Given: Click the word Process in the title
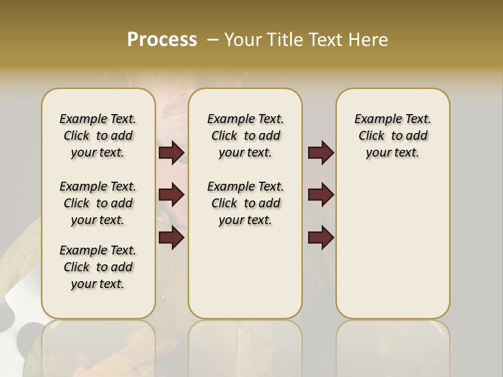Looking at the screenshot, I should coord(162,40).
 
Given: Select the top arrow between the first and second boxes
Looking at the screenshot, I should coord(171,152).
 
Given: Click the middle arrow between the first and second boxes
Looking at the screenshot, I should coord(171,195).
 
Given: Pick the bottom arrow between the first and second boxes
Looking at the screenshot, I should coord(171,238).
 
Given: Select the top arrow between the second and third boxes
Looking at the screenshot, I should coord(321,152).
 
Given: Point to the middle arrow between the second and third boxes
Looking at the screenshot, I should coord(321,195).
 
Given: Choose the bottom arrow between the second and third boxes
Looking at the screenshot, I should coord(321,238).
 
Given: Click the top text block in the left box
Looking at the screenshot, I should coord(98,136).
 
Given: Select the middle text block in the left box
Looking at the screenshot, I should coord(98,203).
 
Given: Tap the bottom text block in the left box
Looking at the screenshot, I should coord(98,267).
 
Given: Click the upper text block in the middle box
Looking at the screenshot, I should coord(245,136).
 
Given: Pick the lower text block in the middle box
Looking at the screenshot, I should coord(245,203).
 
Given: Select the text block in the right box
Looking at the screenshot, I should coord(392,136).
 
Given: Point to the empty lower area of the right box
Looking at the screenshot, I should coord(392,251).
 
